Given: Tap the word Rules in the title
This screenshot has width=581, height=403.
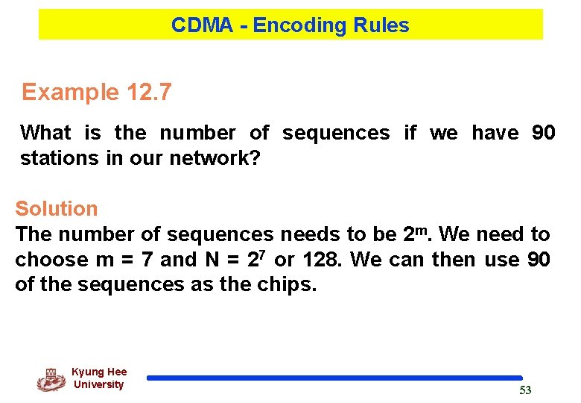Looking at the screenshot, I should [381, 25].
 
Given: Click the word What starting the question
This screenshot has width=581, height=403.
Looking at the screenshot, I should [45, 133].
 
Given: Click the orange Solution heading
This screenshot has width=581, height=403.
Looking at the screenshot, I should [57, 209].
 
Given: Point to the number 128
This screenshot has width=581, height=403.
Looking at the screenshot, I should [323, 260].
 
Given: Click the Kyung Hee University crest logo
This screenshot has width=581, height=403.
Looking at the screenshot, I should [51, 380].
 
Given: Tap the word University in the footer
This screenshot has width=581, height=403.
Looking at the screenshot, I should [98, 385].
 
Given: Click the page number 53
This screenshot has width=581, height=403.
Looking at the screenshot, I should [525, 391].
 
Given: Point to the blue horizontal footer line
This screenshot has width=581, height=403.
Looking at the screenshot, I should [334, 378].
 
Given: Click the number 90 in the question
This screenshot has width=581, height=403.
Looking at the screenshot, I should [543, 133].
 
